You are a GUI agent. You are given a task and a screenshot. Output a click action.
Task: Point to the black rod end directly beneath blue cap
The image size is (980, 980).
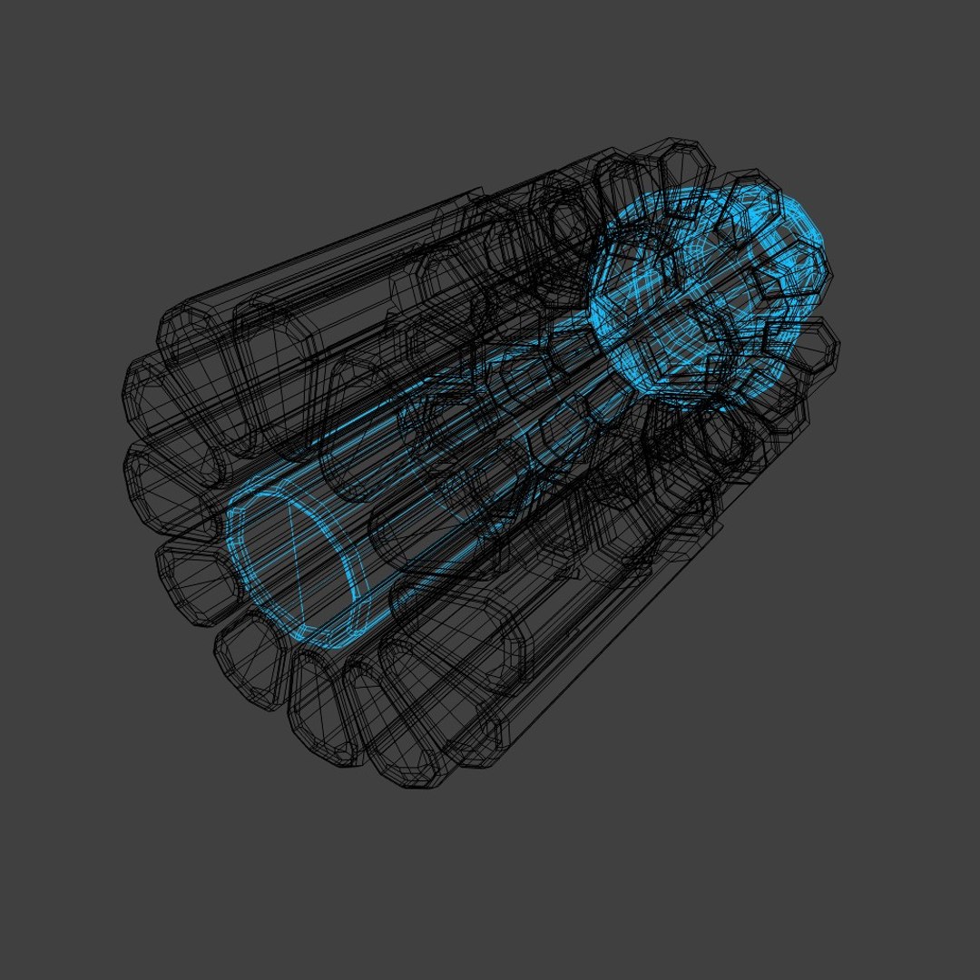tap(322, 717)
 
